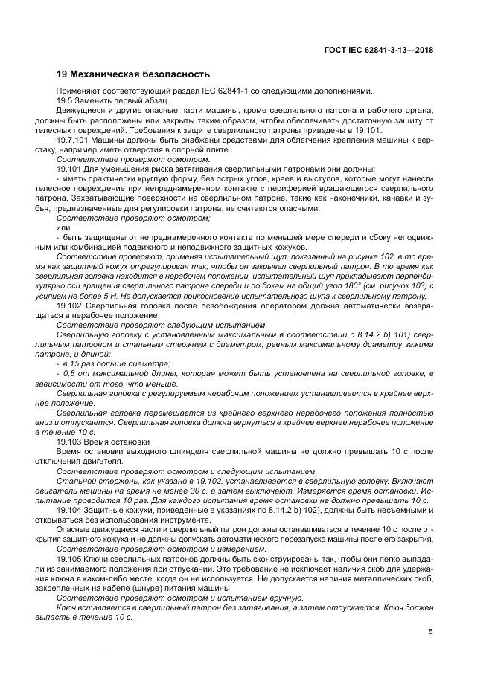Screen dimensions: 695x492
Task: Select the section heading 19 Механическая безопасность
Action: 133,74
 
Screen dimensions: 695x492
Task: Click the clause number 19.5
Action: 66,100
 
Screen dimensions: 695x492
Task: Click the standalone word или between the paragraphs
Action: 63,227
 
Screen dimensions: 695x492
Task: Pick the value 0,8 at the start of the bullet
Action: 71,373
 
